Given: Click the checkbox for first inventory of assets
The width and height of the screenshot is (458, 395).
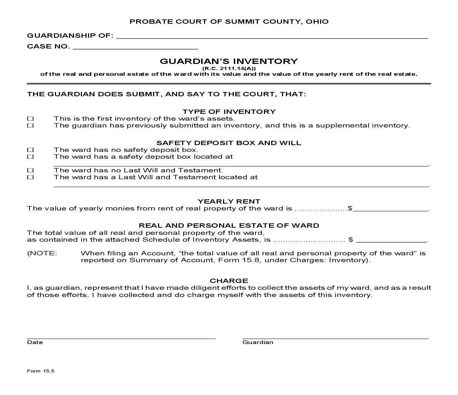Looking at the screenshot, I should click(31, 118).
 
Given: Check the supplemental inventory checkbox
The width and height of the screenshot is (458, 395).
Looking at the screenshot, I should click(31, 126).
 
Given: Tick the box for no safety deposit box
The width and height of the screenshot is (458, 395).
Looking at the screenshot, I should click(31, 150).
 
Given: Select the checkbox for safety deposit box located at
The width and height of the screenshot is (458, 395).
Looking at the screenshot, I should click(31, 157).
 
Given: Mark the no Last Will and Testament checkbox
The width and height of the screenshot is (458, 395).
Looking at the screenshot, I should click(31, 170).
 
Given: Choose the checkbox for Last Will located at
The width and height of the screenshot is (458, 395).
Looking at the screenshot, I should click(31, 177).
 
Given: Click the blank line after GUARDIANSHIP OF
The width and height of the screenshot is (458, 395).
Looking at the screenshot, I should click(272, 36).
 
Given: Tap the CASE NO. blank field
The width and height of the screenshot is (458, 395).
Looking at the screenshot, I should click(135, 47).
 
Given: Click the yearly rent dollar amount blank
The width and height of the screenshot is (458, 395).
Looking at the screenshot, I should click(391, 209).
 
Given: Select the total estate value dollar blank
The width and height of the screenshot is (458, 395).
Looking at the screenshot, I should click(391, 240).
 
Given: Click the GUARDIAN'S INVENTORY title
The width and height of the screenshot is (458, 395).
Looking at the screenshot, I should click(229, 61).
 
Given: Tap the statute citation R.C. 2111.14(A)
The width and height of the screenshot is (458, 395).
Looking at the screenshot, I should click(229, 68).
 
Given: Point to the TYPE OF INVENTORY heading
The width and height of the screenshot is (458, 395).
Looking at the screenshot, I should click(229, 112).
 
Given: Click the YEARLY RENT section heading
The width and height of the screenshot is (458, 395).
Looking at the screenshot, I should click(229, 201).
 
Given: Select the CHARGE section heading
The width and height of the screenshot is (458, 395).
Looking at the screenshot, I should click(229, 281).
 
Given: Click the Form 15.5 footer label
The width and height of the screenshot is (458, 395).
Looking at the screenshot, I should click(41, 371).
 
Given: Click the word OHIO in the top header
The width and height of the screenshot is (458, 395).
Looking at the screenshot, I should click(317, 22).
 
